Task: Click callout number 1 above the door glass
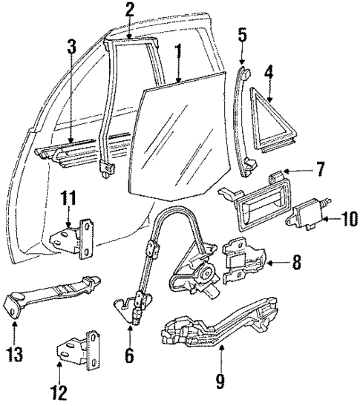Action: point(177,53)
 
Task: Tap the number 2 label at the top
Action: point(129,10)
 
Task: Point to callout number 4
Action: point(269,73)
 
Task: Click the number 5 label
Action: point(243,34)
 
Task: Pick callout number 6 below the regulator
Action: point(129,356)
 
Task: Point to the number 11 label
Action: point(68,197)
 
